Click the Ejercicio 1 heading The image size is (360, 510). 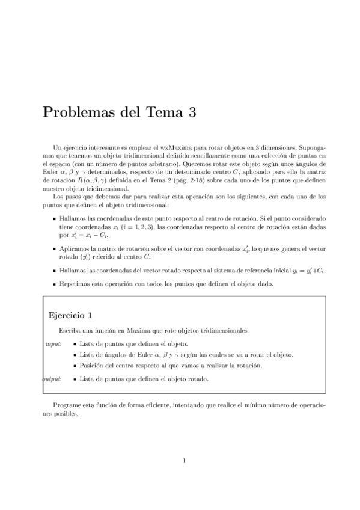coord(70,315)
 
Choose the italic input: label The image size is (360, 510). coord(53,343)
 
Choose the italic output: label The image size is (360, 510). coord(53,379)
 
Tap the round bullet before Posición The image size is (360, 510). coord(74,365)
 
